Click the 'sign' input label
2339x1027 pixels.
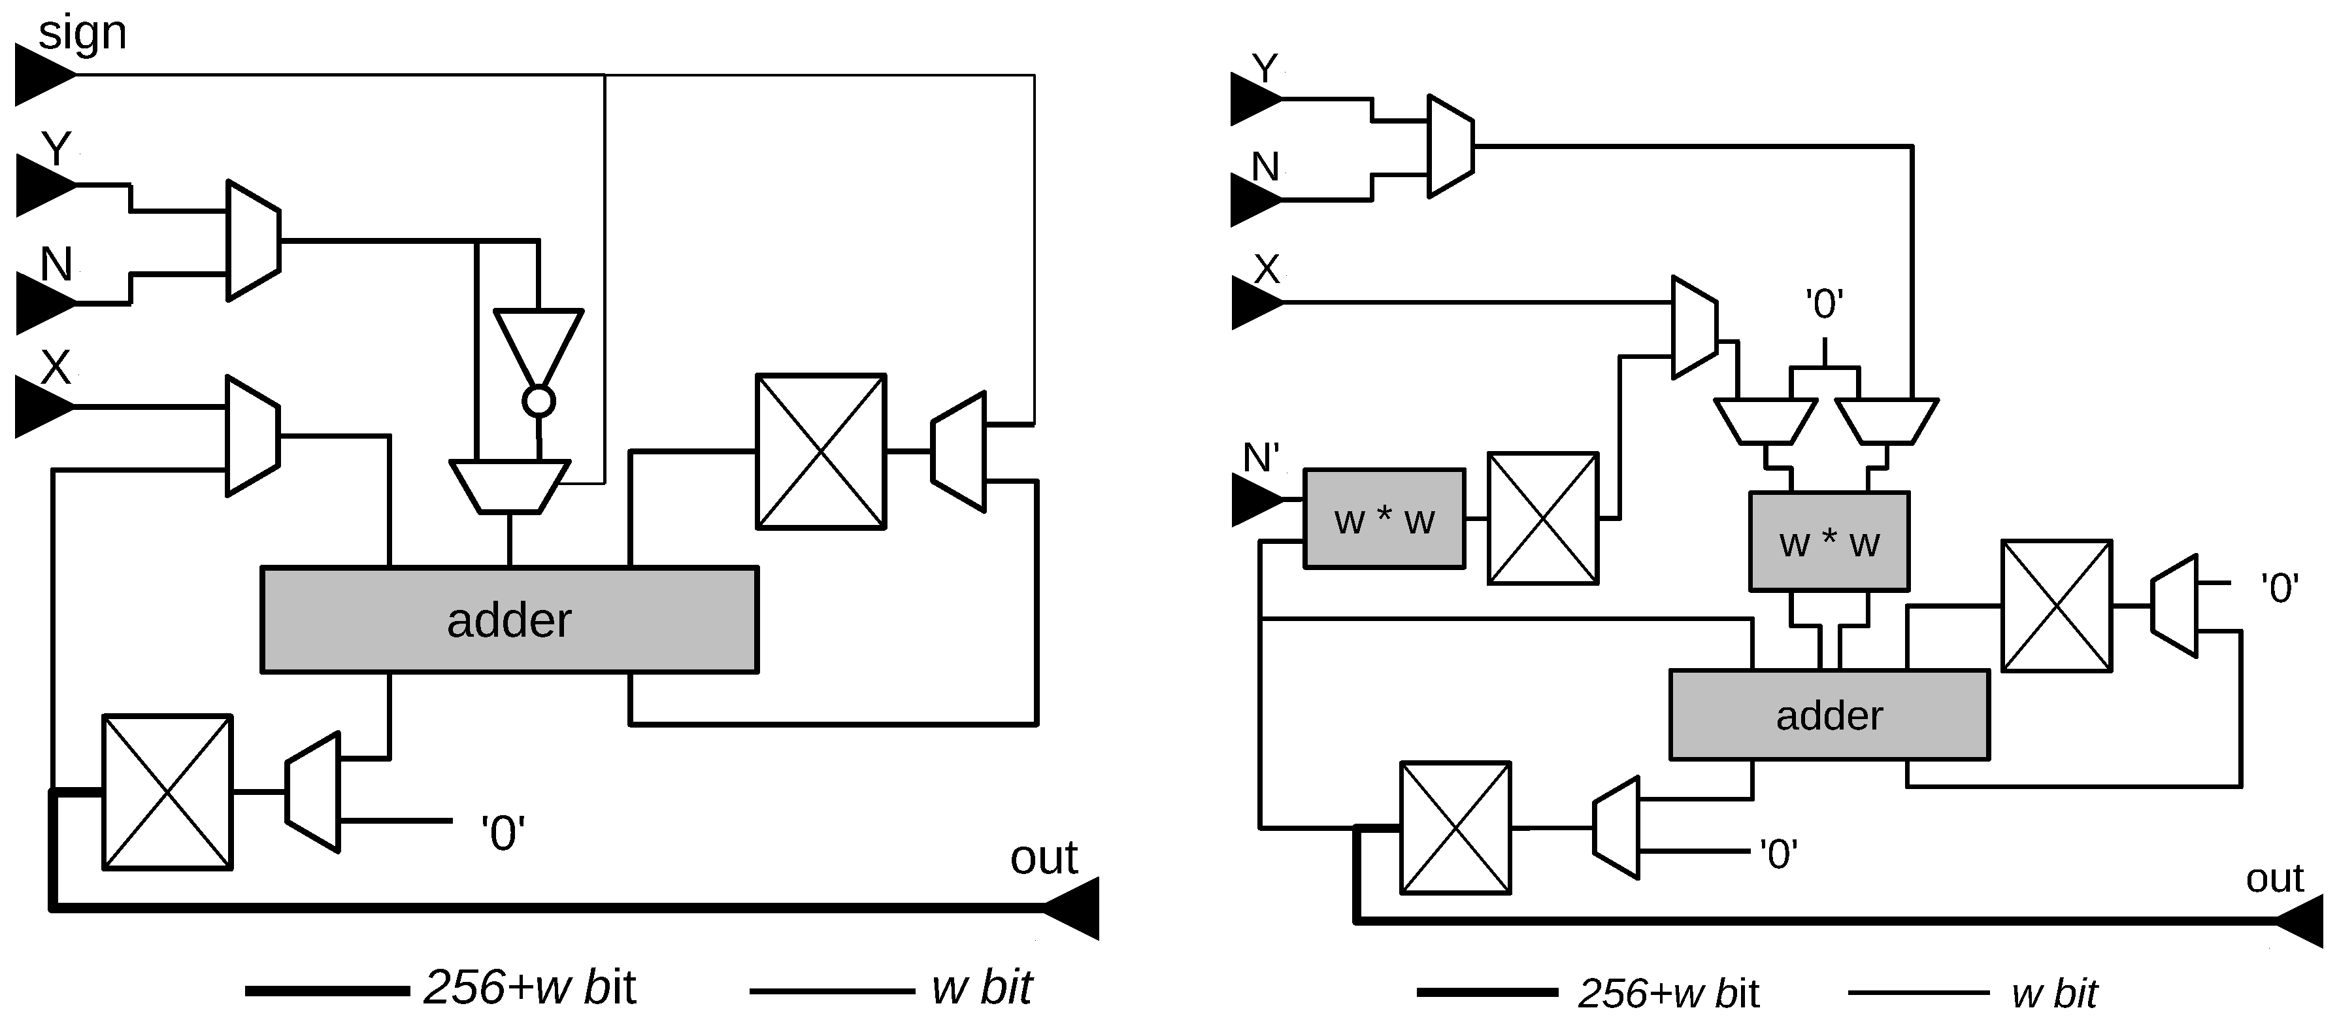pyautogui.click(x=82, y=33)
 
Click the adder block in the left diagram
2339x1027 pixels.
pyautogui.click(x=508, y=620)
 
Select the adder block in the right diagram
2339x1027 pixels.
pyautogui.click(x=1829, y=716)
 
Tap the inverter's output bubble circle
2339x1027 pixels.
pyautogui.click(x=539, y=401)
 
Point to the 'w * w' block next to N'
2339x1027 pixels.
pyautogui.click(x=1384, y=520)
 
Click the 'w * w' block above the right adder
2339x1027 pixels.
pyautogui.click(x=1829, y=542)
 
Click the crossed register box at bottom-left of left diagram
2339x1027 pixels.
pyautogui.click(x=167, y=792)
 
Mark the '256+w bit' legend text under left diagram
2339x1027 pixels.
pyautogui.click(x=529, y=988)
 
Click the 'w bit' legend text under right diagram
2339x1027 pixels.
pyautogui.click(x=2054, y=994)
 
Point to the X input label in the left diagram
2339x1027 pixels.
pyautogui.click(x=56, y=368)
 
